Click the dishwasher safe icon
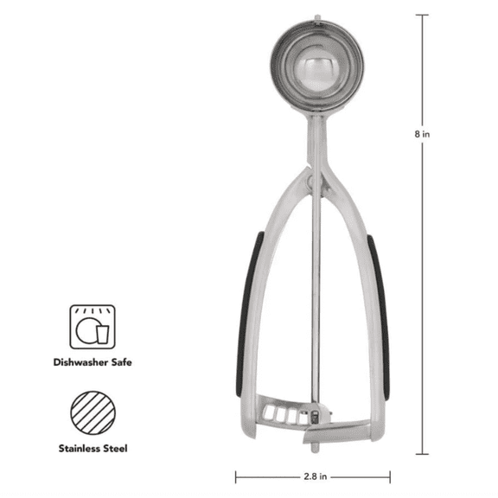point(93,327)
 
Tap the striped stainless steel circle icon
point(93,413)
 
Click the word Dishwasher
point(80,362)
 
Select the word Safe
point(121,362)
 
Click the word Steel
point(116,449)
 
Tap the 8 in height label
point(422,134)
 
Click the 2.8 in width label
point(315,476)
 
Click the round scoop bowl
point(317,66)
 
